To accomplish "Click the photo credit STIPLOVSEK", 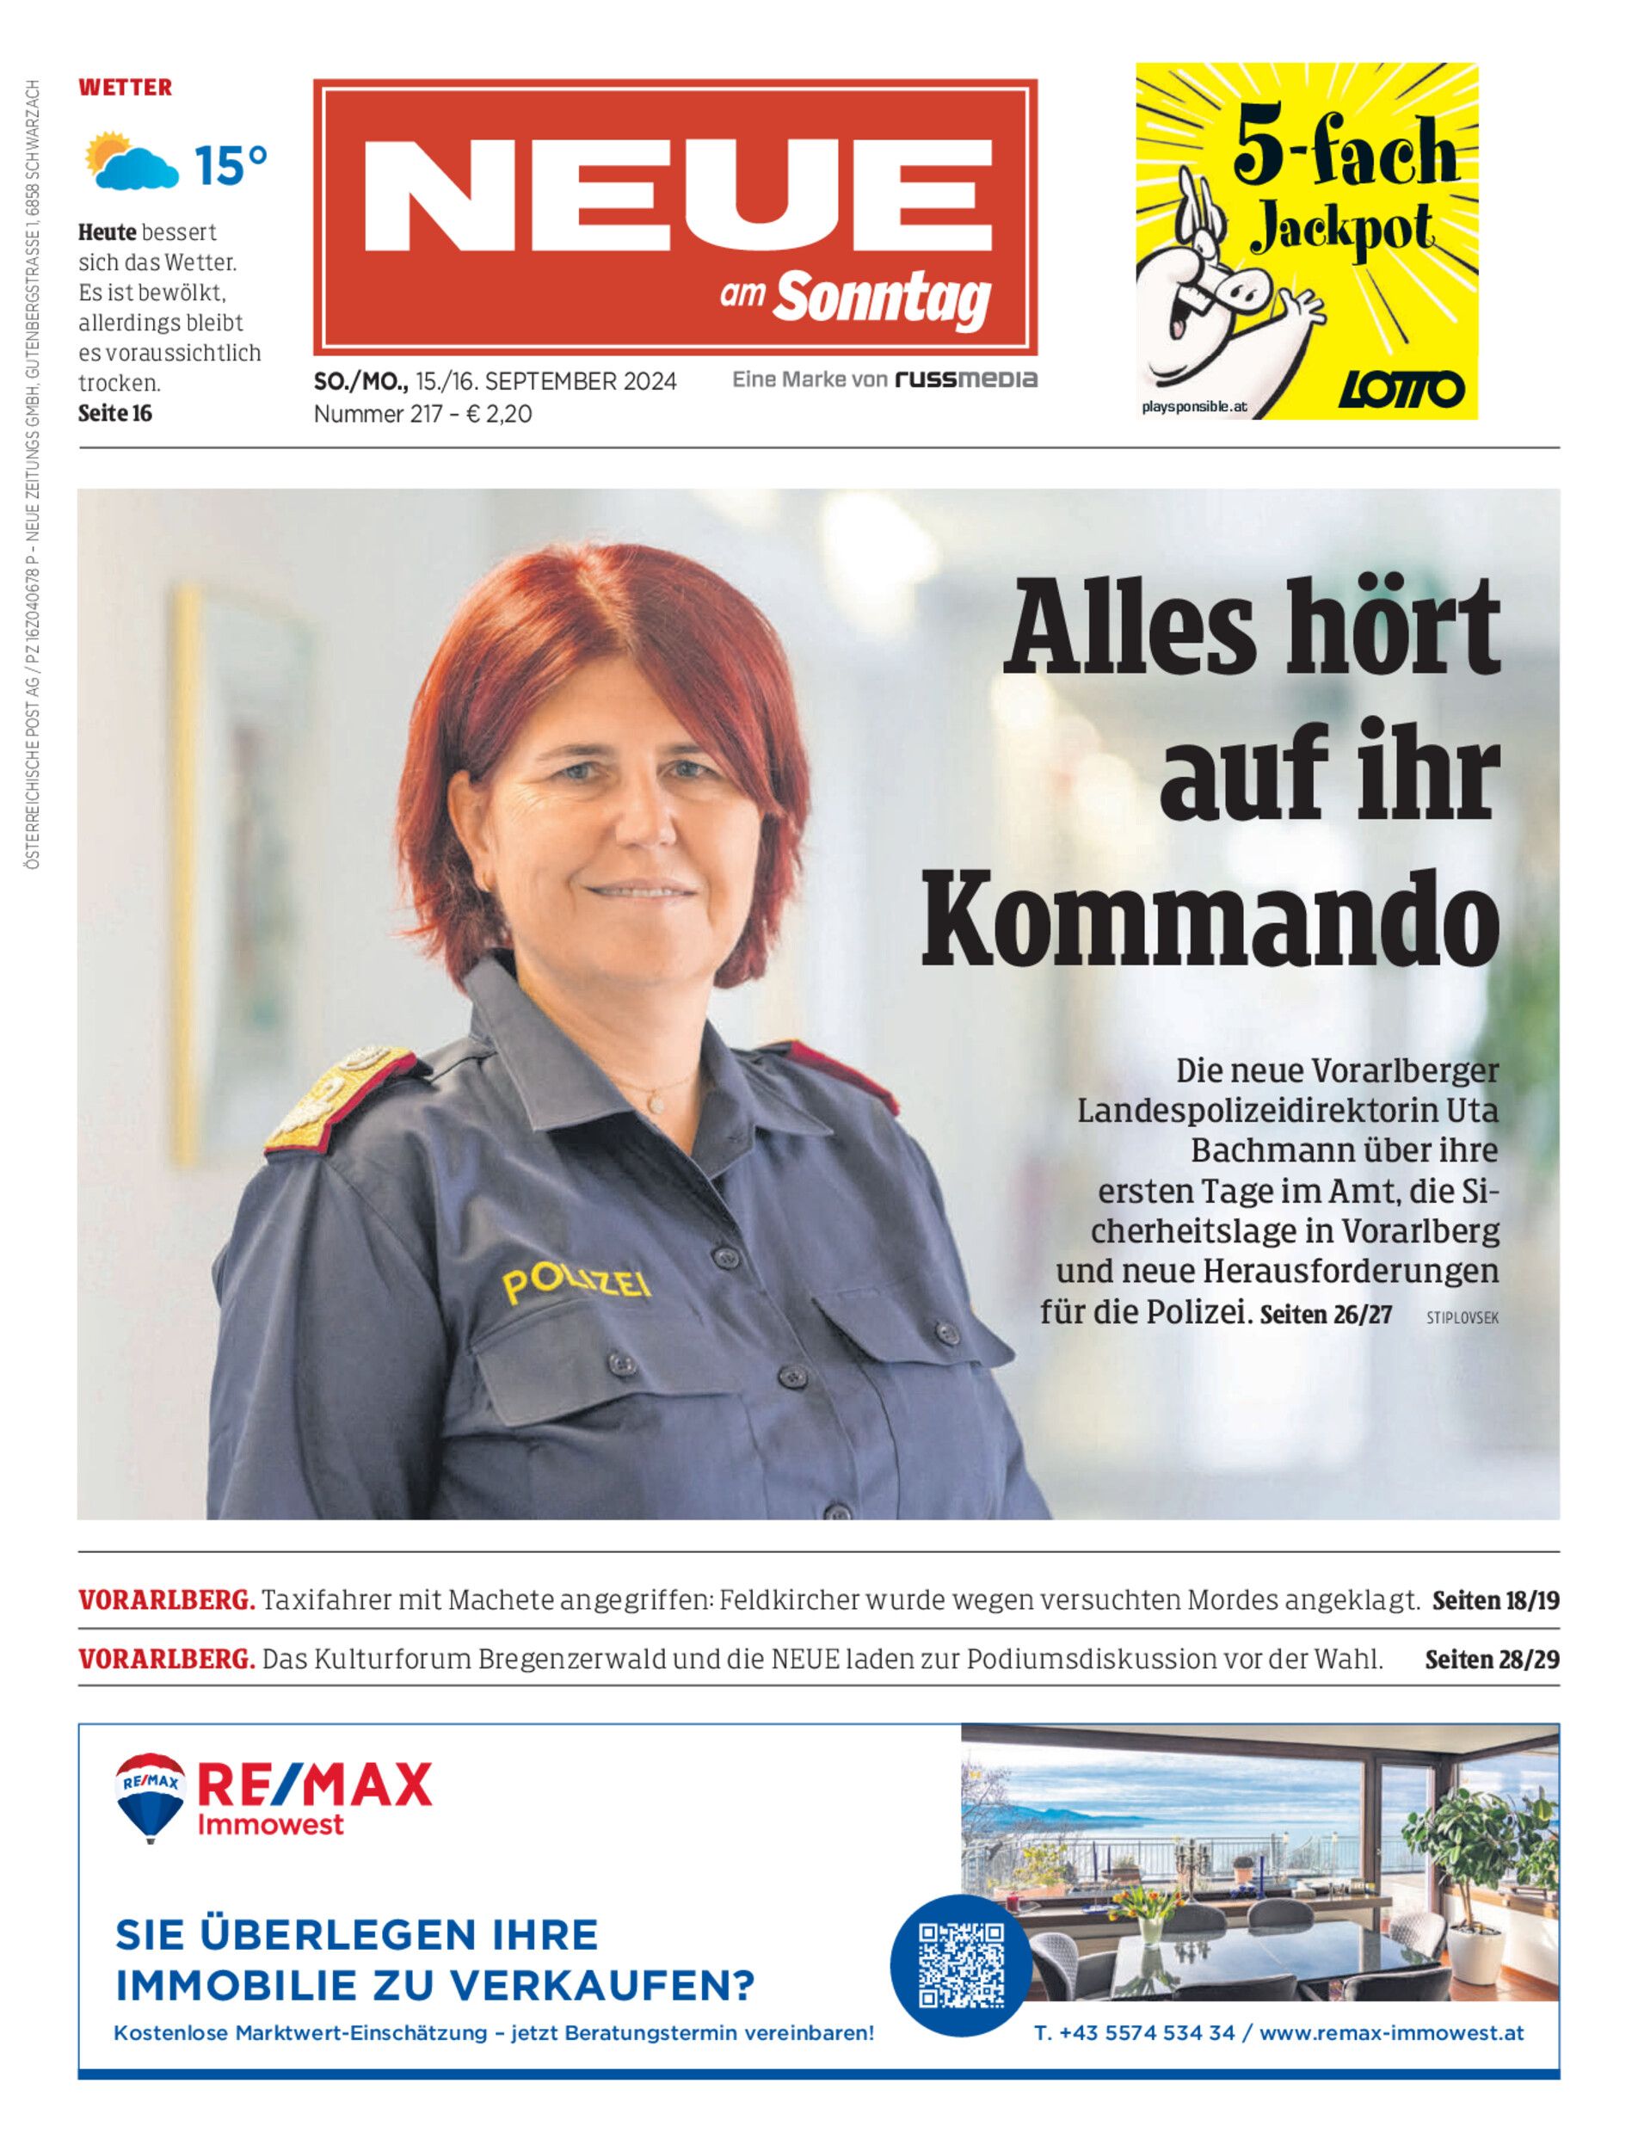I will coord(1462,1317).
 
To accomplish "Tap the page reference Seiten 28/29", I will coord(1492,1659).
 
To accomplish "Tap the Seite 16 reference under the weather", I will coord(115,414).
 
